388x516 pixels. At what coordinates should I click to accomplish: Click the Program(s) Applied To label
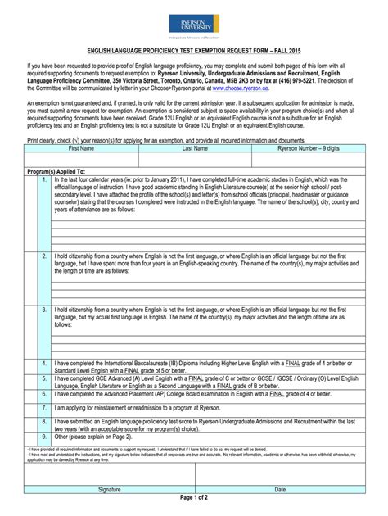pos(55,171)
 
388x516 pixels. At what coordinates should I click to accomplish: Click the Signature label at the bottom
pos(110,489)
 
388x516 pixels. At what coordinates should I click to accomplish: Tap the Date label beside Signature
pos(280,489)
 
